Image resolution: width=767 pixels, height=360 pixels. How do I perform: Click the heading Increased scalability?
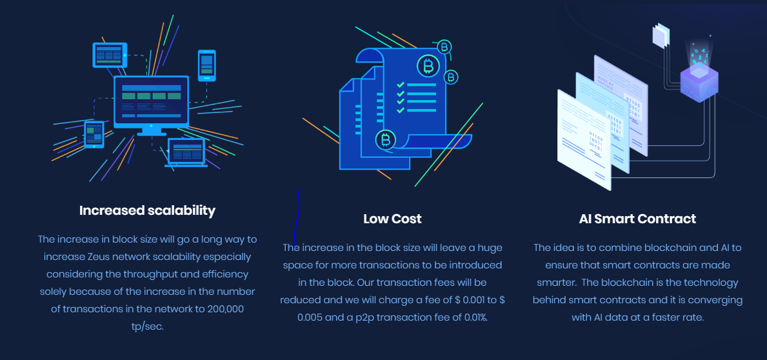(147, 210)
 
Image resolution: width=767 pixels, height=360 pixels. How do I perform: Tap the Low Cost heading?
(392, 219)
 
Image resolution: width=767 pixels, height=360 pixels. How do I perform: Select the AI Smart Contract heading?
(637, 219)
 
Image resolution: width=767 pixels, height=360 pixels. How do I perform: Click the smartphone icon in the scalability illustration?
(207, 65)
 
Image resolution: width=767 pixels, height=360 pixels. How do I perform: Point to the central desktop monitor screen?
(151, 101)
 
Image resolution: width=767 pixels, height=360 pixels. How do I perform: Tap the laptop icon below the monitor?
(186, 153)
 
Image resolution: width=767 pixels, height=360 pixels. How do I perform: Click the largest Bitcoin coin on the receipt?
(428, 66)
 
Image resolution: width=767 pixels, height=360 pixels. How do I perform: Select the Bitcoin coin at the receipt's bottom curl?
(386, 140)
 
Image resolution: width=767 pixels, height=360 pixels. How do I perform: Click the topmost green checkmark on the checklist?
(401, 85)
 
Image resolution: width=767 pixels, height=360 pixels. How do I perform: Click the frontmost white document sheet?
(584, 140)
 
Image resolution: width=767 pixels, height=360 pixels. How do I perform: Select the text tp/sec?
(147, 326)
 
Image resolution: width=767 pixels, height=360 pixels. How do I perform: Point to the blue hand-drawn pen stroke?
(297, 217)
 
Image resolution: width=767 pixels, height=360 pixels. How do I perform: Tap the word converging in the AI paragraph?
(717, 300)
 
